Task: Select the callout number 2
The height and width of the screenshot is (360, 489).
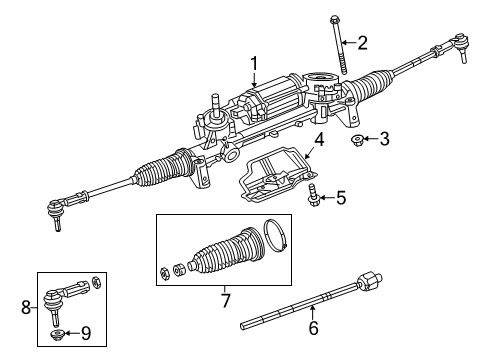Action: pos(363,42)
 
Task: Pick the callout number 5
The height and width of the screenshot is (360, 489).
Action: pos(341,198)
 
